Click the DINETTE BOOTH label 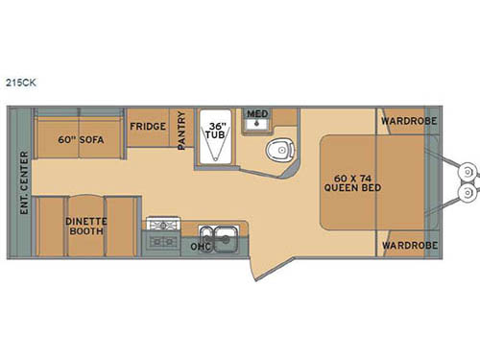[85, 226]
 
